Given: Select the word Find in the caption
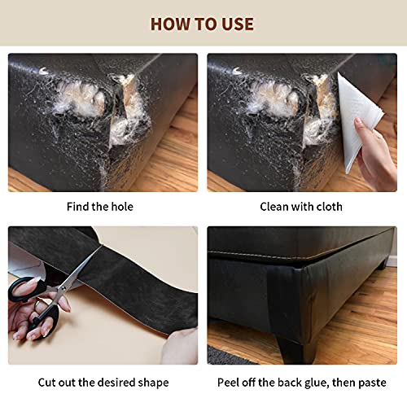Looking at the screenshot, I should [81, 206].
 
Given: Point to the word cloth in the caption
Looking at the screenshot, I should [327, 206].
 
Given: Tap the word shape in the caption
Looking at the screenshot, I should [152, 382].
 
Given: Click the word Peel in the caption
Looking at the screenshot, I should [230, 382].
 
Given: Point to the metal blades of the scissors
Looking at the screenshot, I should [77, 273].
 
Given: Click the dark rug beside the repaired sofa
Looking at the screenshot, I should [236, 357].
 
